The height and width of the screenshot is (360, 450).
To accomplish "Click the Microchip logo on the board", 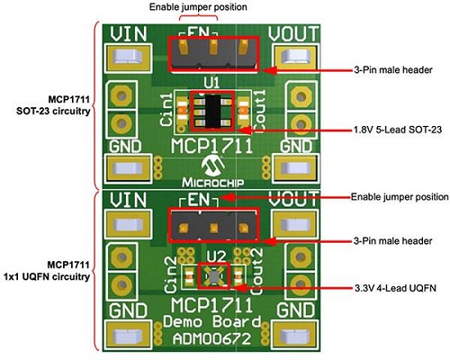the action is [x=212, y=171].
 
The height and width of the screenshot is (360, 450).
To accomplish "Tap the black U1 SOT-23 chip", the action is [x=213, y=111].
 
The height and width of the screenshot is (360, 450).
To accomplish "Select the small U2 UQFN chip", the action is [x=214, y=276].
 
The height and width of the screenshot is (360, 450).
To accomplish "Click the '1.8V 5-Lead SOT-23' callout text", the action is [x=398, y=130].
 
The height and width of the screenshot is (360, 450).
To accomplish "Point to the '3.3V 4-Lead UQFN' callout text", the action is [x=395, y=288].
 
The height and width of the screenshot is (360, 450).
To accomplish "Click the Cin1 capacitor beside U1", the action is [x=183, y=111].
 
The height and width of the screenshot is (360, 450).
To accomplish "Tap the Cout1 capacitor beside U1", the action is [x=244, y=111].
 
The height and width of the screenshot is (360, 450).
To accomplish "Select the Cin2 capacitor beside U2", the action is [x=189, y=276].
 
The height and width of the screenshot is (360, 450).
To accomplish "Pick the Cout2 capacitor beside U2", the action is [x=238, y=276].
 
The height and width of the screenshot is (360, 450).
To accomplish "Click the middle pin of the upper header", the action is [x=213, y=47].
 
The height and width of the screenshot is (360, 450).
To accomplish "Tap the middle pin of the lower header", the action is [x=213, y=229].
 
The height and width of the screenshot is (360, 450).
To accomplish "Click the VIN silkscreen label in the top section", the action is [x=129, y=34].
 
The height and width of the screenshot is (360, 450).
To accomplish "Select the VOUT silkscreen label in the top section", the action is [x=293, y=33].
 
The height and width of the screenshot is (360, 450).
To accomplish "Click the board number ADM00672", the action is [x=211, y=339].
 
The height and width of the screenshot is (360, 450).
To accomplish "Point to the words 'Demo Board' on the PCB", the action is [x=211, y=321].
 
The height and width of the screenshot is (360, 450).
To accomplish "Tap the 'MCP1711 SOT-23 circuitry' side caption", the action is [x=53, y=105].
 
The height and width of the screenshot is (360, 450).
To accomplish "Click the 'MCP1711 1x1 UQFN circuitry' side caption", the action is [x=47, y=271].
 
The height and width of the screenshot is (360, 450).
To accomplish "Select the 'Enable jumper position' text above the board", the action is [x=198, y=7].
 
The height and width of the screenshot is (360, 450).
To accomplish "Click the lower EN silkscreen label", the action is [x=198, y=200].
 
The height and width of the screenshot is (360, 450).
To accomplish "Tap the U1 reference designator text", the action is [x=211, y=83].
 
